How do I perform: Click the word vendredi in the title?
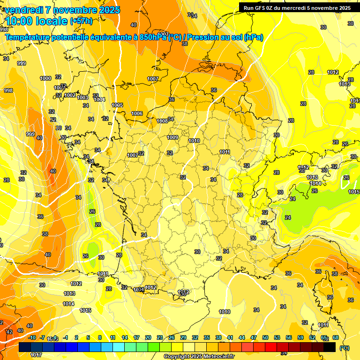tap(23, 10)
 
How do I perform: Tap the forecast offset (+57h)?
tap(81, 21)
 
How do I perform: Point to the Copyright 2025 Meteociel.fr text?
tap(199, 357)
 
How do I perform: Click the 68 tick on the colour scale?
tap(336, 337)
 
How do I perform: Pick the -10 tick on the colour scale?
tap(32, 337)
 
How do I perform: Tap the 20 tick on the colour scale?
tap(148, 337)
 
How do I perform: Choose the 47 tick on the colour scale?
tap(254, 337)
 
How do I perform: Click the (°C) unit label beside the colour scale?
tap(344, 347)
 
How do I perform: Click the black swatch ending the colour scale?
tap(330, 347)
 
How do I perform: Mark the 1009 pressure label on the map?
tap(172, 137)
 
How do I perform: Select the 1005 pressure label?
tap(117, 105)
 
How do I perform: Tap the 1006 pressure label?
tap(137, 113)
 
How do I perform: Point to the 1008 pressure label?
tap(162, 121)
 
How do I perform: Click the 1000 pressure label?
tap(45, 78)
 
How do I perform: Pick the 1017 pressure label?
tap(36, 355)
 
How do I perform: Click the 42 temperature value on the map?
tap(9, 332)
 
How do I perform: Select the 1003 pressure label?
tap(82, 97)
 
